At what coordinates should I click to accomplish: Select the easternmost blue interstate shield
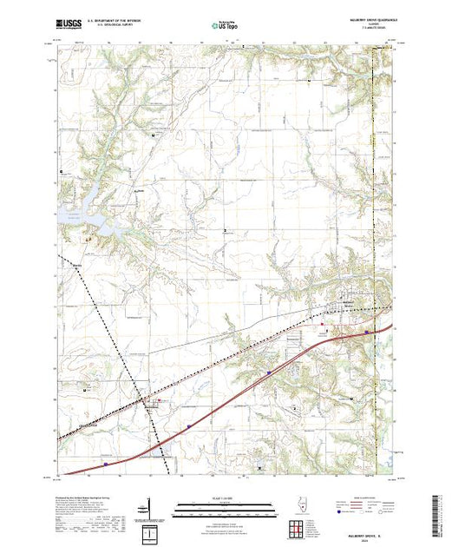pos(367,331)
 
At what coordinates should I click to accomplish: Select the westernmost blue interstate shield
pos(106,463)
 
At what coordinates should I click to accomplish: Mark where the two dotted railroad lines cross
pos(135,388)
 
